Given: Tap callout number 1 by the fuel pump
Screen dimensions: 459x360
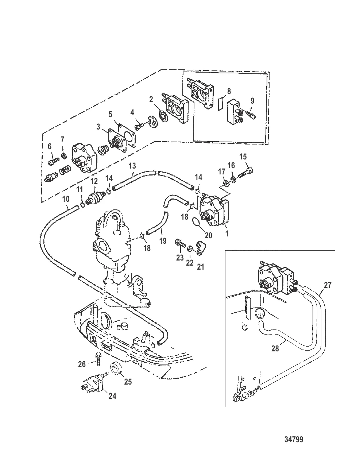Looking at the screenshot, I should (227, 233).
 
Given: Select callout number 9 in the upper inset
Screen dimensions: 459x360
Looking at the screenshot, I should (252, 101).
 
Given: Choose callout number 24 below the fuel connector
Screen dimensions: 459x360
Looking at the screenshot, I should (112, 395).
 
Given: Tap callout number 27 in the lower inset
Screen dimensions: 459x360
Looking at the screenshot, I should (327, 285).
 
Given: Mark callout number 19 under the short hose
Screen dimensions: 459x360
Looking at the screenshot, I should (163, 241).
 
